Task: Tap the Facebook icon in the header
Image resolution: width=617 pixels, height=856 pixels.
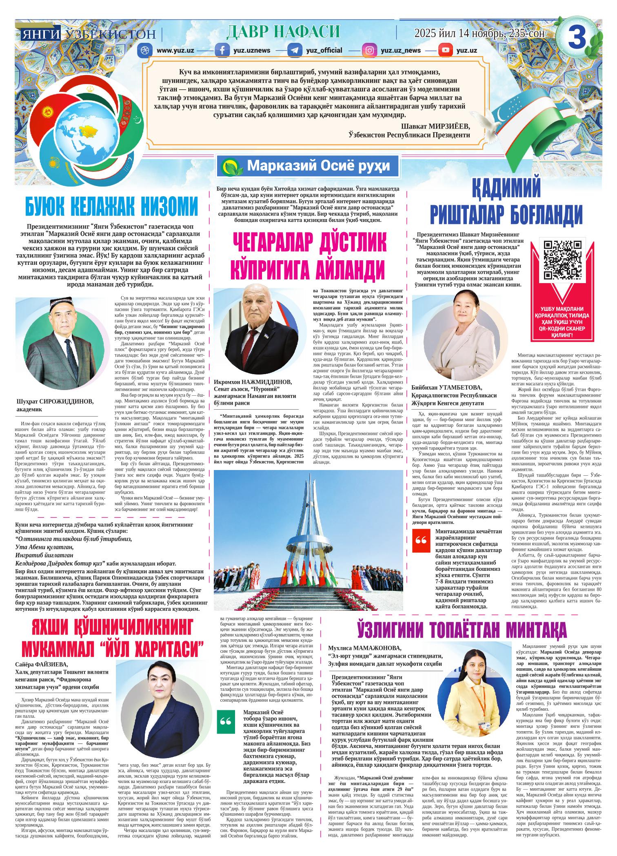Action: pyautogui.click(x=222, y=51)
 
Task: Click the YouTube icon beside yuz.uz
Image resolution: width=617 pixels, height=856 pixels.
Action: pyautogui.click(x=445, y=51)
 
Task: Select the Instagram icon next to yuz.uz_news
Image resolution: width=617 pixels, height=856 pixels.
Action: pyautogui.click(x=370, y=51)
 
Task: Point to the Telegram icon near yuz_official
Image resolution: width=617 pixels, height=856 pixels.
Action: pyautogui.click(x=295, y=51)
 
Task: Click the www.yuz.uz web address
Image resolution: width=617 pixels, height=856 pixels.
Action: pyautogui.click(x=175, y=51)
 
